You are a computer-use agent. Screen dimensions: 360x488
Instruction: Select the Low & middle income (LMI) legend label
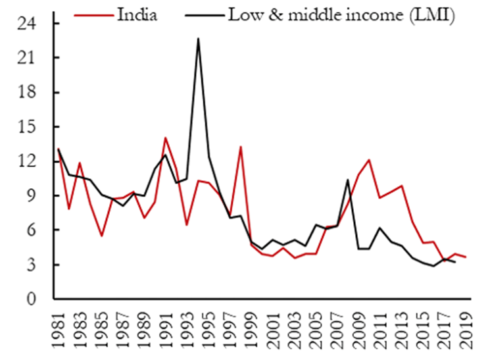click(341, 14)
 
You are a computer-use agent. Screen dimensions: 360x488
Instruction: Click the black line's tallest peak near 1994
click(198, 39)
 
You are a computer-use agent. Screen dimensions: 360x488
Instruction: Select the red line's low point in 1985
click(101, 236)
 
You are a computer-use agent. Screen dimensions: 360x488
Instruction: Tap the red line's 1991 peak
click(166, 138)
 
